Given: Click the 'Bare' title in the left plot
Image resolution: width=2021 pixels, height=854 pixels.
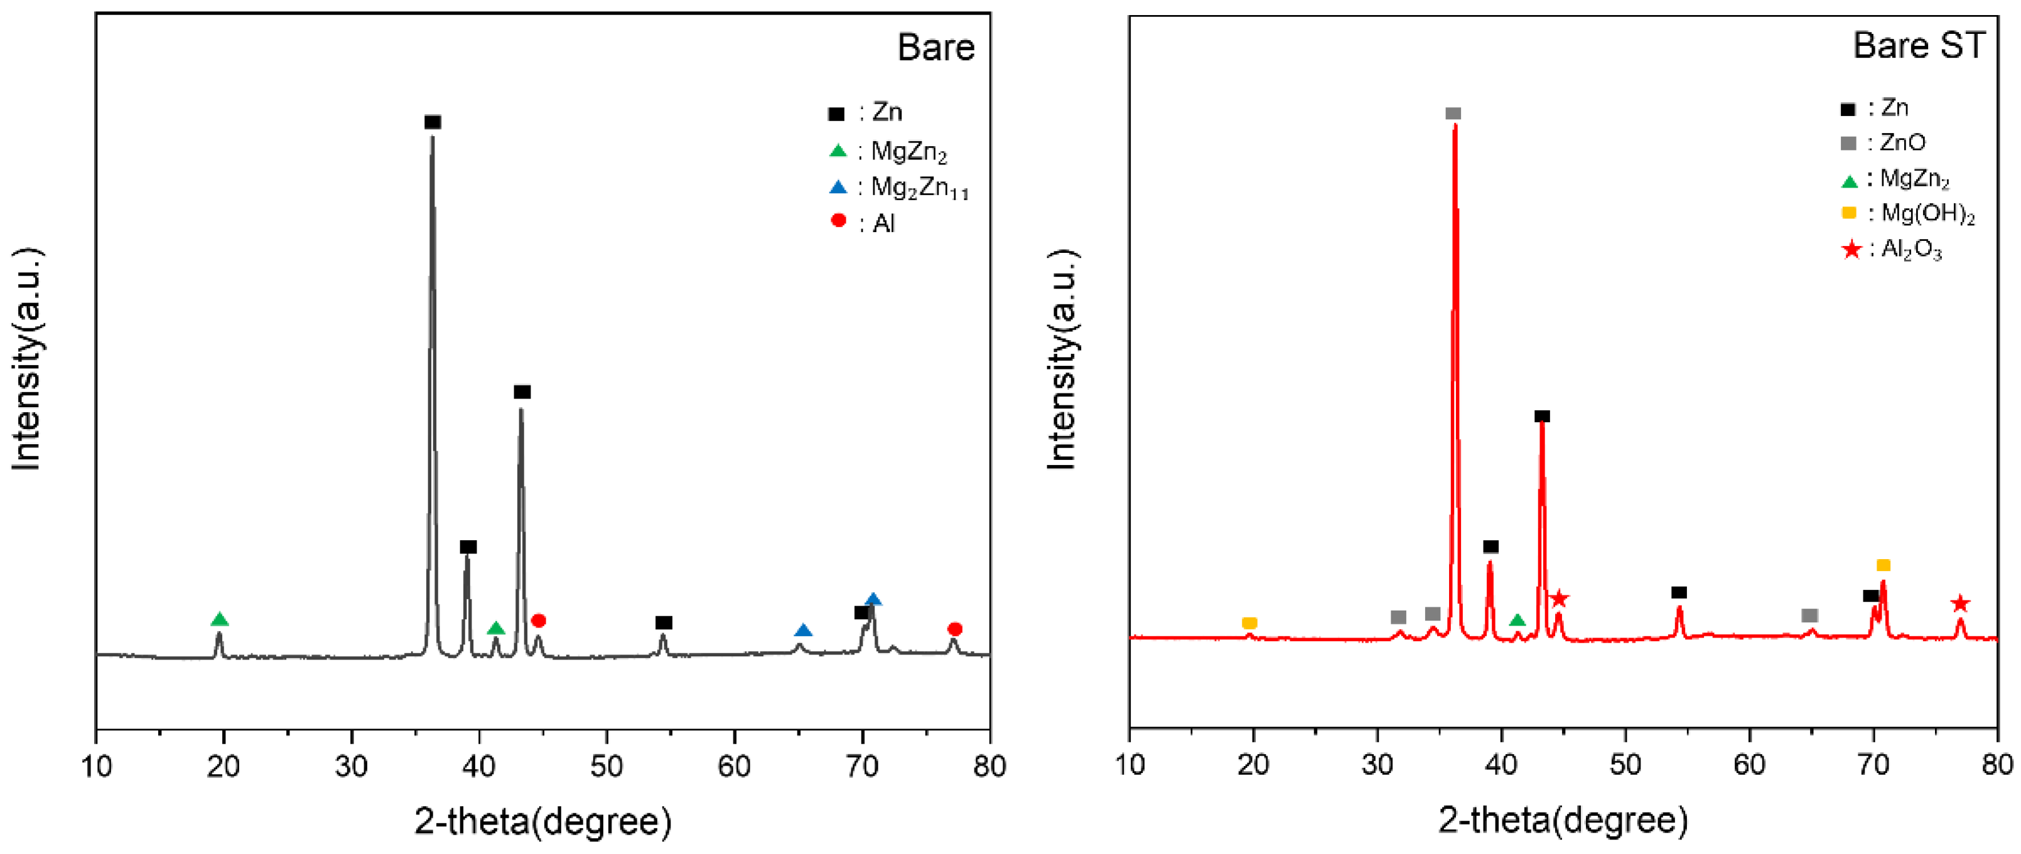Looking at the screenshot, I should pos(935,48).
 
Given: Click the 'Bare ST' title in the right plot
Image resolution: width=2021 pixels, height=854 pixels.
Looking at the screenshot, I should pos(1917,45).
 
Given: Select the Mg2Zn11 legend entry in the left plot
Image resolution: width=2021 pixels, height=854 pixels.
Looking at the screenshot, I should pos(899,188).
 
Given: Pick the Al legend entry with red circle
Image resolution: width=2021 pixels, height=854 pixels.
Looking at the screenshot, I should pos(863,223).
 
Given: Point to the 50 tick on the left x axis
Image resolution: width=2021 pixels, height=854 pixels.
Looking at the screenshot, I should pos(606,766).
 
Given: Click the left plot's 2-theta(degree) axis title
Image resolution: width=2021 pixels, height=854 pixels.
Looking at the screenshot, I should pos(543,822).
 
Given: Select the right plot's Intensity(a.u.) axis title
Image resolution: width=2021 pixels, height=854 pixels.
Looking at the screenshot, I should pos(1063,360).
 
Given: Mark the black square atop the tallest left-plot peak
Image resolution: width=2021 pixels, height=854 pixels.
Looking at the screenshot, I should pos(433,122).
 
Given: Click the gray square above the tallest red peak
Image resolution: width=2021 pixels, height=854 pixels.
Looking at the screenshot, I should pos(1453,114).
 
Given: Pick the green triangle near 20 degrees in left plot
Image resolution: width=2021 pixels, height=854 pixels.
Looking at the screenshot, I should pos(220,619).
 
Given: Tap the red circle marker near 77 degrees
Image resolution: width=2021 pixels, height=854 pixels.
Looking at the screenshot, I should pos(955,629).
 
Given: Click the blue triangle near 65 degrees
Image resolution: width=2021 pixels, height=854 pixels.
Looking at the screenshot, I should pos(802,631).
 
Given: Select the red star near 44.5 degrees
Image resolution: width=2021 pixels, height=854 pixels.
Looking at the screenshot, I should pos(1559,599).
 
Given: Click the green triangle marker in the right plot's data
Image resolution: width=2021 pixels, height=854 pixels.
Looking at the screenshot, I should pos(1516,621).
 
